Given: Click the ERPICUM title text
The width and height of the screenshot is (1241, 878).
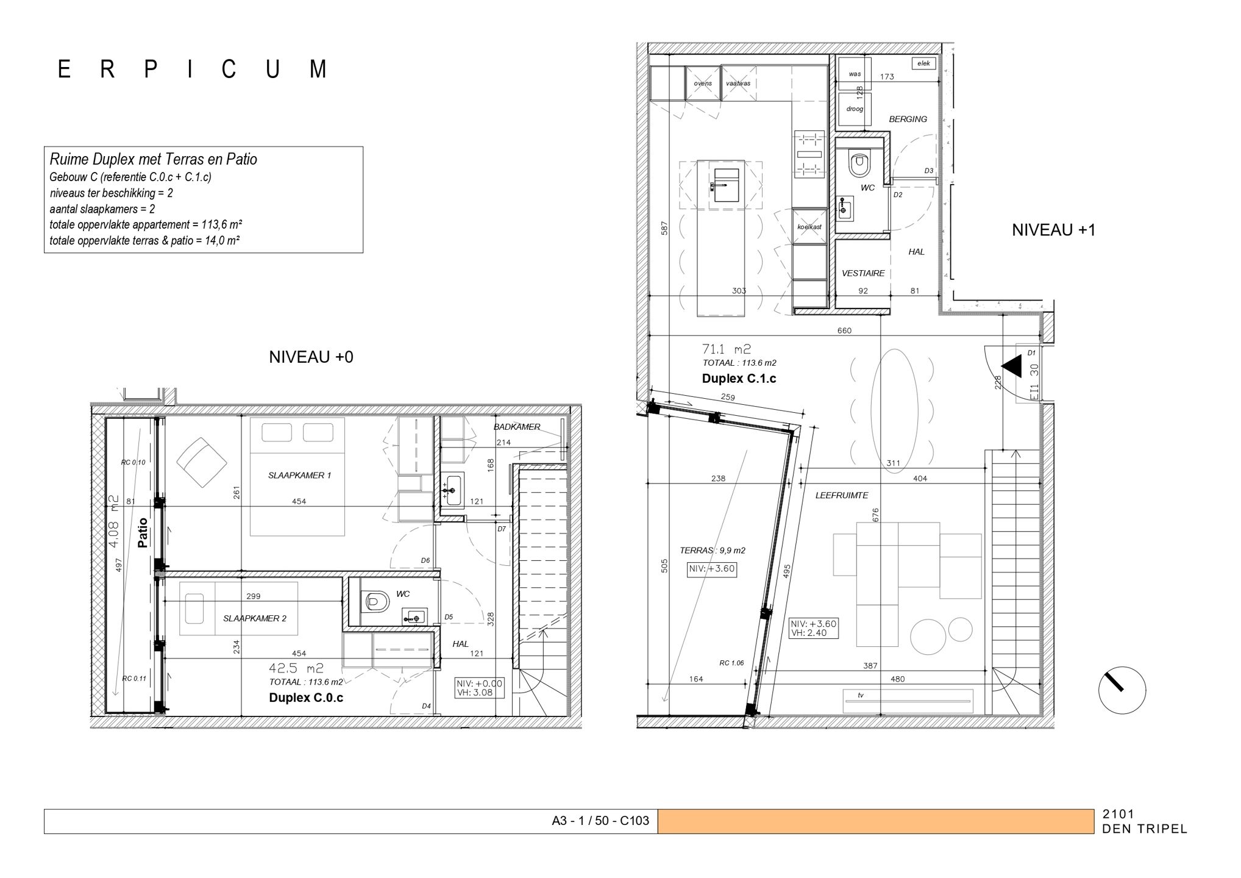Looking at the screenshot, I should [193, 70].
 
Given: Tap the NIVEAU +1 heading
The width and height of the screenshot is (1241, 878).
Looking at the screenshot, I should [1053, 230].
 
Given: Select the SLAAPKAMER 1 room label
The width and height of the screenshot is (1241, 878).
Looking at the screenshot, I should [299, 475].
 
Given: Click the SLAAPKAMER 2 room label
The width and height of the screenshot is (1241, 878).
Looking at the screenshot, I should [254, 618].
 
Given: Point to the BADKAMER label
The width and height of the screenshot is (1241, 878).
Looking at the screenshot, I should [517, 427].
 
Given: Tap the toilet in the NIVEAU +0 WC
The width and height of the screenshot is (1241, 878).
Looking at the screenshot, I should [377, 601].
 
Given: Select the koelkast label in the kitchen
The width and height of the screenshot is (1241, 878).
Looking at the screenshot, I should [809, 227].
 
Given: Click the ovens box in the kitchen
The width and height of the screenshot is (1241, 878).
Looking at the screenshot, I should [703, 84].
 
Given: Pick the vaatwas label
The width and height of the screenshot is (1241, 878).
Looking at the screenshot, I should [738, 84].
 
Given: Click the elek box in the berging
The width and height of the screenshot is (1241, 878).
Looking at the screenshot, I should [923, 63].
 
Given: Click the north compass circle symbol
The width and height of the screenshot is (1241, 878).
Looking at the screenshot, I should [1122, 690].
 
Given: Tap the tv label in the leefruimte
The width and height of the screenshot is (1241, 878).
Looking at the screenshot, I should [860, 695].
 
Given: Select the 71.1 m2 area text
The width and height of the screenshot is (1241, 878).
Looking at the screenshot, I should [727, 349].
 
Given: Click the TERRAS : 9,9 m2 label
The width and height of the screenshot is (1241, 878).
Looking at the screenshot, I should [712, 550].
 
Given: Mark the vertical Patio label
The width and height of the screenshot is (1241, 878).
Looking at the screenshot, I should [143, 533].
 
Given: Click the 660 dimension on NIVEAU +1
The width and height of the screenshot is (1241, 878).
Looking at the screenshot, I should [844, 330].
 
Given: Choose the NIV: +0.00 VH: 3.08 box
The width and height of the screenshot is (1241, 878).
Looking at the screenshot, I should [479, 688].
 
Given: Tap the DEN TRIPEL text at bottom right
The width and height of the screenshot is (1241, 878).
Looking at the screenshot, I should [1144, 829].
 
